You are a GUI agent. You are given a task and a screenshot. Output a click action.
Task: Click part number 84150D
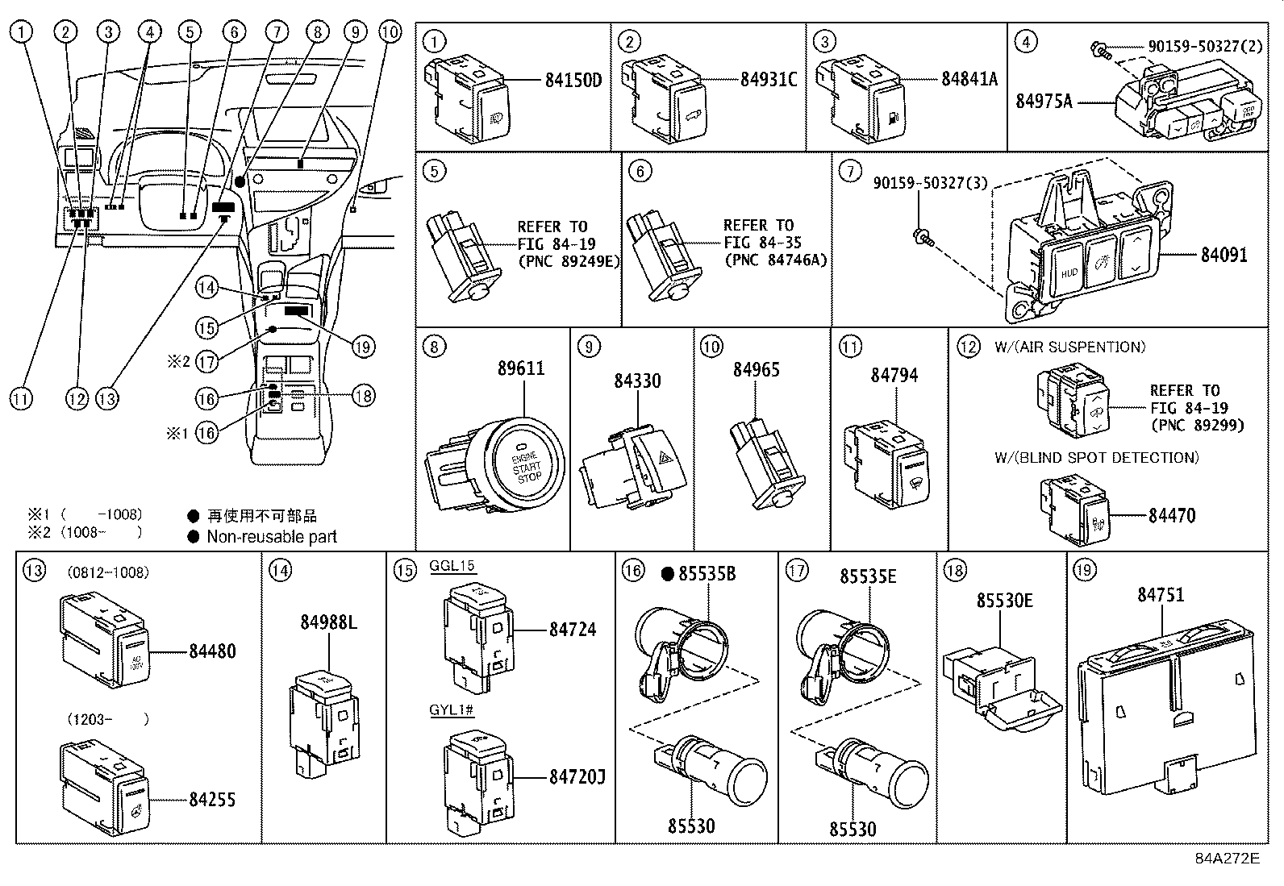573,80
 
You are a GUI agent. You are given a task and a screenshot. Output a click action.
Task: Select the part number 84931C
769,79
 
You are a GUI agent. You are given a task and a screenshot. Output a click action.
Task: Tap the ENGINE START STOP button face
526,462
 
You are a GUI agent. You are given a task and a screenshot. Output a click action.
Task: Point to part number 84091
1224,255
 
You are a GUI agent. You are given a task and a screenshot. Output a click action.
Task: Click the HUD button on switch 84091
1069,272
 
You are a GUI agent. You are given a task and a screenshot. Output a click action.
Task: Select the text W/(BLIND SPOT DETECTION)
1096,458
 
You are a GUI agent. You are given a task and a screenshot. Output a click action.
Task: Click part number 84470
1172,515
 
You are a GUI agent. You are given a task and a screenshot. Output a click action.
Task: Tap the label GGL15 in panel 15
452,566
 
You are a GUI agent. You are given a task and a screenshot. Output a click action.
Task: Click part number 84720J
577,776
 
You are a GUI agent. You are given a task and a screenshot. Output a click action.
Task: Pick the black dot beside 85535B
667,574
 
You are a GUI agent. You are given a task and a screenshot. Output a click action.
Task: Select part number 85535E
867,576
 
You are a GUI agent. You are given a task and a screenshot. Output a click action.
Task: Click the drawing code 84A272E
1227,858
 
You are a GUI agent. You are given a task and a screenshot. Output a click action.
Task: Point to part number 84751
1161,594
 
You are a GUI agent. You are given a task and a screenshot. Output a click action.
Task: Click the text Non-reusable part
272,537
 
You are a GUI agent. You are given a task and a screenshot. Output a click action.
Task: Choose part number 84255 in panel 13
213,799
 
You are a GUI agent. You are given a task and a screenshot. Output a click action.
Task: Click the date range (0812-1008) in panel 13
107,573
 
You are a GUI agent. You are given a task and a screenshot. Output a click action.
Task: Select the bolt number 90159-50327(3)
930,184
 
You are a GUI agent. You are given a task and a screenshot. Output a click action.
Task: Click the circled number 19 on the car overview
363,347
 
